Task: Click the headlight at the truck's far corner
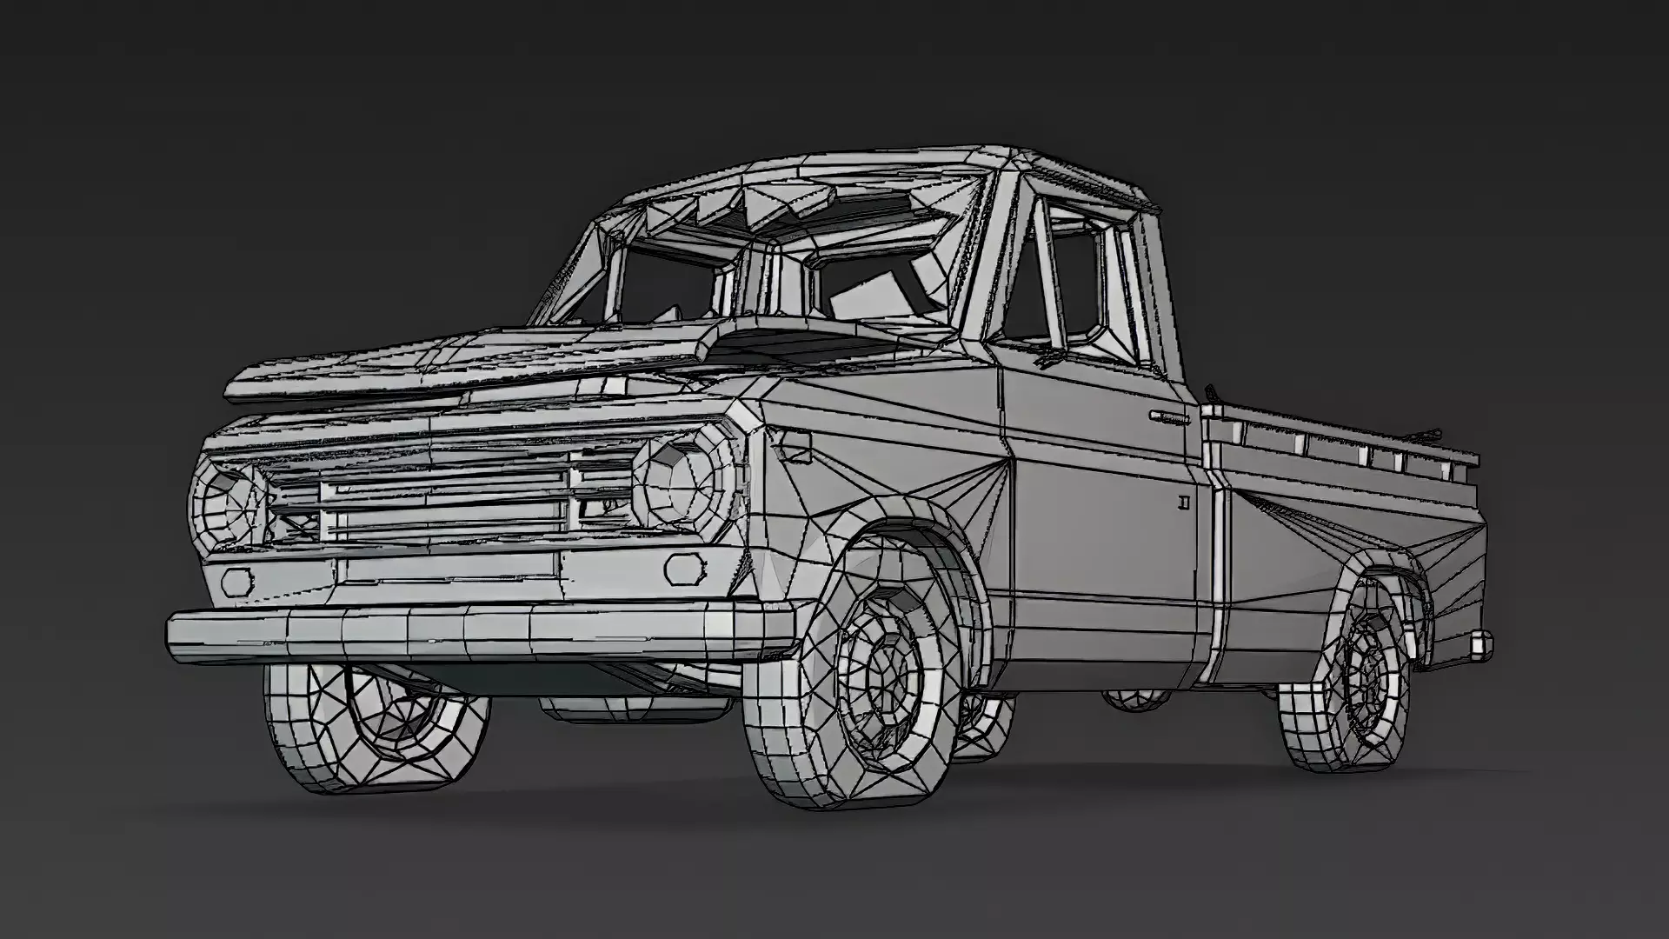(x=224, y=505)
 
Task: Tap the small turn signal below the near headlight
(x=685, y=569)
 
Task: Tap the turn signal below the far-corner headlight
(x=236, y=580)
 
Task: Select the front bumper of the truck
(x=478, y=630)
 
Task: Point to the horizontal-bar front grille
(x=443, y=509)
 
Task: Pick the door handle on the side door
(x=1169, y=417)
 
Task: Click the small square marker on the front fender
(x=795, y=446)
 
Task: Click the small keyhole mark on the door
(x=1184, y=502)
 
